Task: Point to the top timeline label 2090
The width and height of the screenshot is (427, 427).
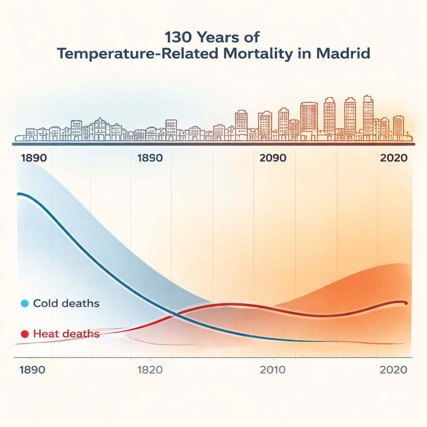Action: tap(273, 158)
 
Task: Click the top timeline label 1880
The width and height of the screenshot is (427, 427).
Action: tap(150, 158)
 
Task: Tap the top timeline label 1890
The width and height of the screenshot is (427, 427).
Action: tap(33, 158)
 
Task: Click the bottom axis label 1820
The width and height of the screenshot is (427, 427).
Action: tap(150, 370)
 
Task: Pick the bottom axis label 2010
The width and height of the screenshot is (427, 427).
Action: tap(273, 370)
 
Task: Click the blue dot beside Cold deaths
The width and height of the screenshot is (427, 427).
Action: tap(24, 304)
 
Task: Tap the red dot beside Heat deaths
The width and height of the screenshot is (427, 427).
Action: tap(24, 334)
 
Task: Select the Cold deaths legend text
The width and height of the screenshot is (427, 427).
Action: tap(66, 303)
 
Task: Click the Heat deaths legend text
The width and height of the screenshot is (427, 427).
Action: tap(66, 334)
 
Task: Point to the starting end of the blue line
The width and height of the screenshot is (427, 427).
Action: tap(18, 194)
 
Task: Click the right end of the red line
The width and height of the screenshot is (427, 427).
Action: tap(406, 303)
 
